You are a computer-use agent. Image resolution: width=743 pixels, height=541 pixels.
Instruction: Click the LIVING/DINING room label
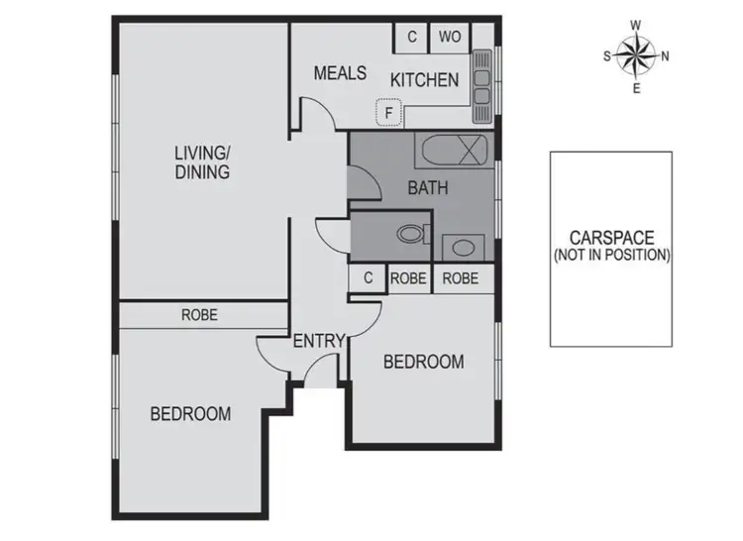(x=202, y=162)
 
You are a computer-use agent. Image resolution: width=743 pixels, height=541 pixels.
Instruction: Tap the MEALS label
(x=340, y=73)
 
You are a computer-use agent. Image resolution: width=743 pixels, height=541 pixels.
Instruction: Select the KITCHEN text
(x=424, y=80)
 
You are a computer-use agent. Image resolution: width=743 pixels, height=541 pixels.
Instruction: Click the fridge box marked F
(x=389, y=114)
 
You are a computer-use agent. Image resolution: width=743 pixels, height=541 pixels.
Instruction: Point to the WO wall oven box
(x=450, y=38)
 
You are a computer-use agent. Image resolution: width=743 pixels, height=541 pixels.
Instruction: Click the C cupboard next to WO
(x=411, y=38)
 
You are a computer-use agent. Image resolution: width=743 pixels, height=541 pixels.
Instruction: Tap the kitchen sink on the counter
(x=481, y=79)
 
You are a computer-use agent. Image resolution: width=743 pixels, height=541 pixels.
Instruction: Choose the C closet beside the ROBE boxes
(x=368, y=279)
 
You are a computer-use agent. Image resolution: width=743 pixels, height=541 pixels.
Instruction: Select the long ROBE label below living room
(x=199, y=316)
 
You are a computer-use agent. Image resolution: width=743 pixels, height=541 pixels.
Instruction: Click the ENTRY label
(x=318, y=342)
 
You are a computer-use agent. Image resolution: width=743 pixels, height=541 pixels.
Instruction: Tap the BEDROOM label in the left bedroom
(x=190, y=414)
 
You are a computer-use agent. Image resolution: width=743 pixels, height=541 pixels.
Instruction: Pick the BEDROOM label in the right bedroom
(x=423, y=363)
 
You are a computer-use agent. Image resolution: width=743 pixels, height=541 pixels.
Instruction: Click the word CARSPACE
(x=611, y=238)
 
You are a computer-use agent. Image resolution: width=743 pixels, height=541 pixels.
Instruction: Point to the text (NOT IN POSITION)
(x=611, y=255)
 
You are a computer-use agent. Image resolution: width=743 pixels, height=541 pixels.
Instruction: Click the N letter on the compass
(x=666, y=55)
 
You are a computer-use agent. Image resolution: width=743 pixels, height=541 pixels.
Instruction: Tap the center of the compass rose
(x=636, y=55)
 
